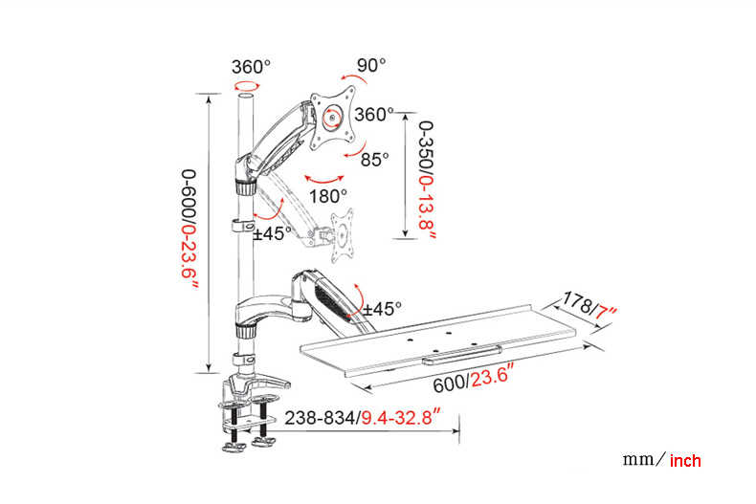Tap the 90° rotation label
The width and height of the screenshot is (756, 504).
[371, 65]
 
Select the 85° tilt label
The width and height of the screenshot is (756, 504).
[374, 160]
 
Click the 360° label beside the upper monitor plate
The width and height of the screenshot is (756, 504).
[373, 114]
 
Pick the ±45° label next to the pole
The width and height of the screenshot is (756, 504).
[274, 233]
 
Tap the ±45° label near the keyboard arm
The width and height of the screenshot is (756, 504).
[385, 309]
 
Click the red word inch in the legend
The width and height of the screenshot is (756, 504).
[685, 461]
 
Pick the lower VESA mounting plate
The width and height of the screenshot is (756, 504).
[343, 231]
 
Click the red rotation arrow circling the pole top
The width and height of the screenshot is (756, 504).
[247, 86]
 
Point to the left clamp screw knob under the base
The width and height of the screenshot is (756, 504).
[232, 445]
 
